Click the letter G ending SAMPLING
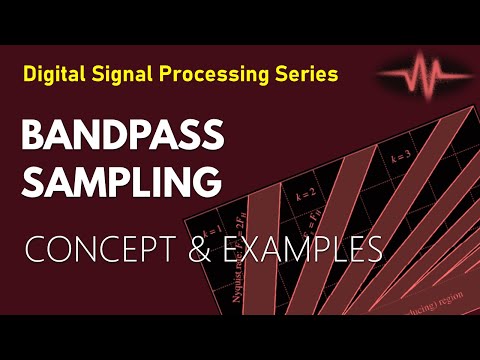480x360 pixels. (205, 182)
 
